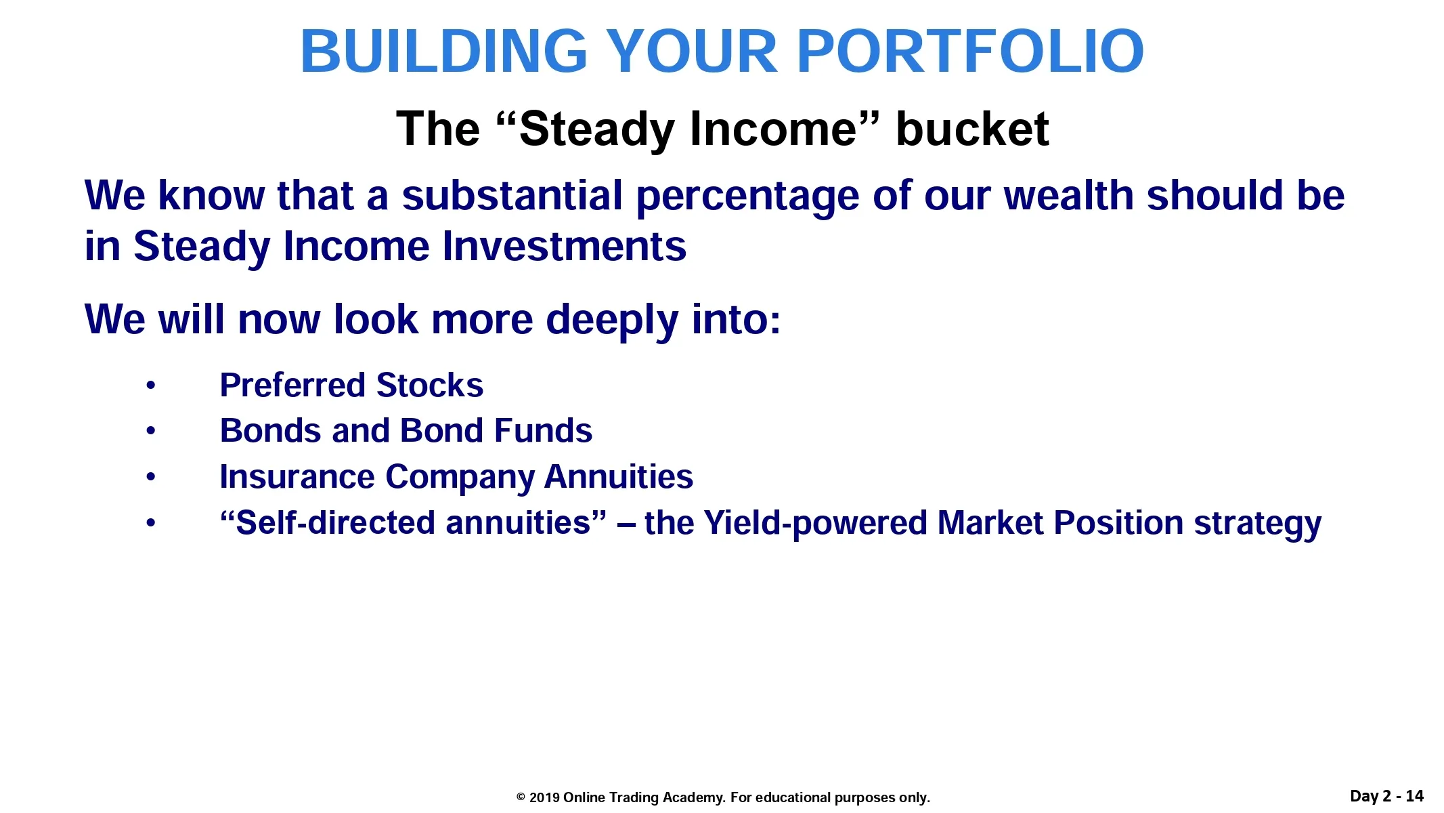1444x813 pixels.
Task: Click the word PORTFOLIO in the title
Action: (971, 51)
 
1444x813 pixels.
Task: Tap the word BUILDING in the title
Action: (444, 51)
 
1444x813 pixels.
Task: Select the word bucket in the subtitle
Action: (972, 129)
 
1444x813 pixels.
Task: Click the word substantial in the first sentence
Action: (512, 196)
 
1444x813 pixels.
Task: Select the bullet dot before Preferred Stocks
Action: (151, 386)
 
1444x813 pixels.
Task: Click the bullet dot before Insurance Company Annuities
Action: (151, 478)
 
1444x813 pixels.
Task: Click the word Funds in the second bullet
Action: (543, 431)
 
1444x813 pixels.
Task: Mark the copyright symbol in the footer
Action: (521, 797)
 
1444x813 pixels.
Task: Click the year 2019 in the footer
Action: (544, 797)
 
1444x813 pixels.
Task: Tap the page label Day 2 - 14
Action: (1386, 796)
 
